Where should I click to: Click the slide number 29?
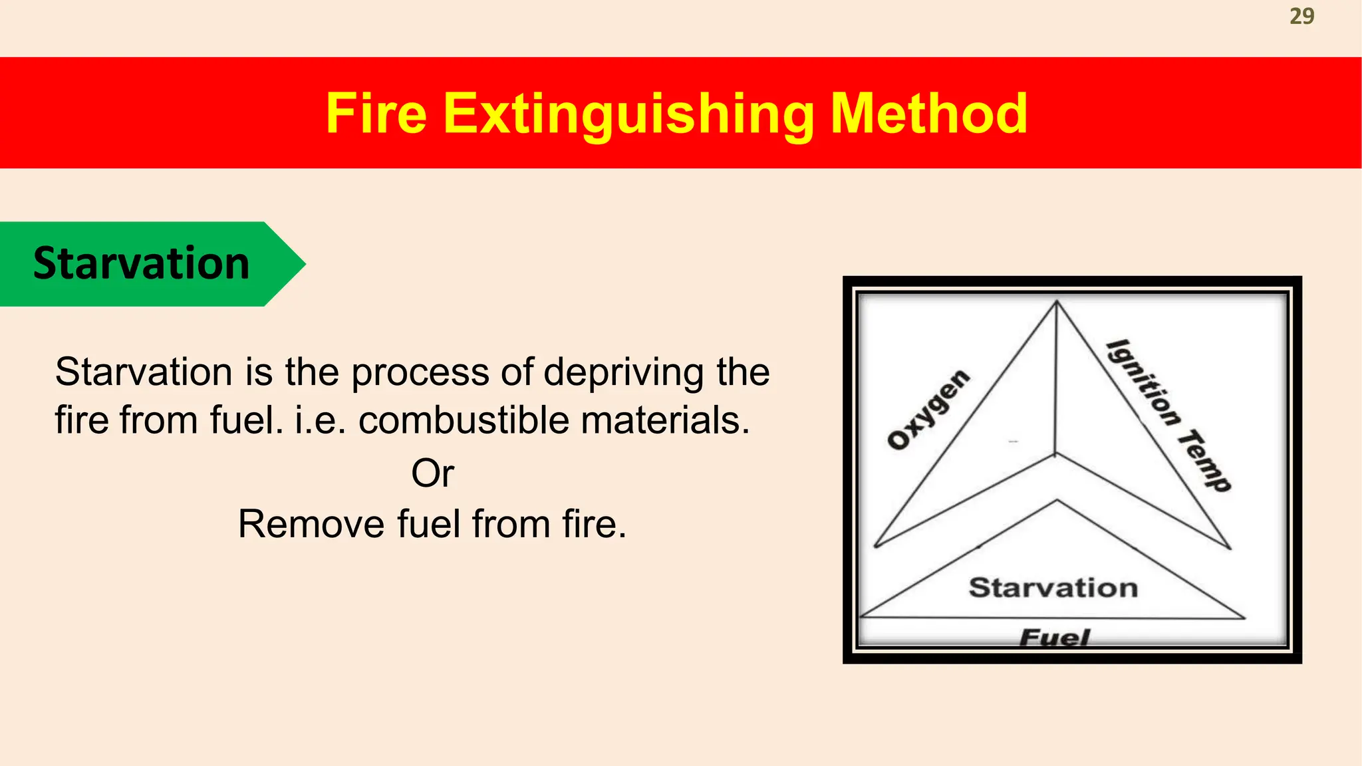point(1301,16)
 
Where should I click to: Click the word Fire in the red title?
point(376,114)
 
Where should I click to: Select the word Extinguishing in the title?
point(628,115)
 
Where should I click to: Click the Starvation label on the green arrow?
point(141,263)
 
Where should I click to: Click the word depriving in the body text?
point(623,372)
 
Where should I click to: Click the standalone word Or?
point(432,473)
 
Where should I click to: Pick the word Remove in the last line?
point(311,524)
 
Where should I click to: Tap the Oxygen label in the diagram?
point(929,410)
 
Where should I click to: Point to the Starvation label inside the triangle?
point(1053,588)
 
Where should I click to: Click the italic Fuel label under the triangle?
point(1054,638)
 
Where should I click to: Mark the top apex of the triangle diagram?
point(1057,303)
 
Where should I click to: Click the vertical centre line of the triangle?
point(1056,379)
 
